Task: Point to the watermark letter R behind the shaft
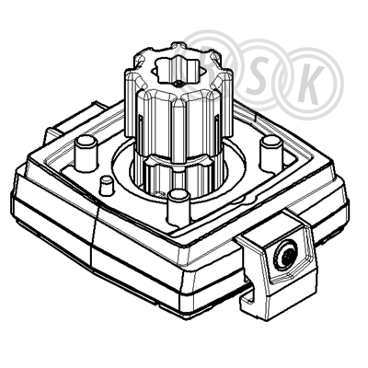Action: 212,74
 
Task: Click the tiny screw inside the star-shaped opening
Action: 178,83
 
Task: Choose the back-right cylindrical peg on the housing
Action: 270,154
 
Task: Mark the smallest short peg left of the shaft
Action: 106,185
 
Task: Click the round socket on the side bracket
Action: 286,255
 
